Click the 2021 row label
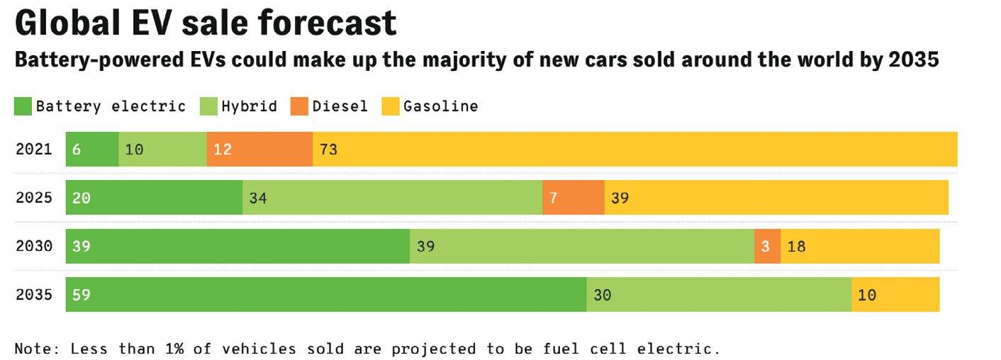[x=34, y=150]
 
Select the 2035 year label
[x=34, y=295]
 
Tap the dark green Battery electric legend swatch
[x=23, y=107]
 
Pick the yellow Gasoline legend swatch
[x=391, y=107]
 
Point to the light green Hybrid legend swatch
[x=208, y=107]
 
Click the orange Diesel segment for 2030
[x=767, y=247]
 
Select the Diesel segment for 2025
[x=573, y=198]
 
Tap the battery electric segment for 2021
[x=92, y=150]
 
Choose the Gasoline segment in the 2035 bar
[x=895, y=295]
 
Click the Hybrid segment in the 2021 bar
[x=162, y=150]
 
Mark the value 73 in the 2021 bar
[x=328, y=150]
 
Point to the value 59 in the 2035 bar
[x=82, y=295]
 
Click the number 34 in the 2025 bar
[x=258, y=198]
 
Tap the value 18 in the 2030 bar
[x=796, y=247]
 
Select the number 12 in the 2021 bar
[x=223, y=150]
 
